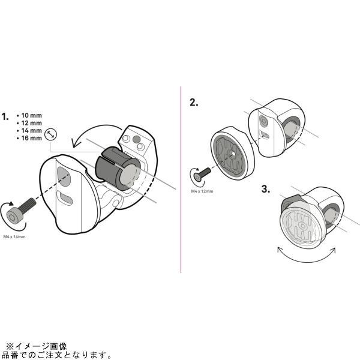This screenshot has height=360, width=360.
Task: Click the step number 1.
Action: pyautogui.click(x=5, y=116)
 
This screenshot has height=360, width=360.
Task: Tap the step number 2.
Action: pyautogui.click(x=194, y=103)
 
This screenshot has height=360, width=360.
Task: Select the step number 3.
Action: pyautogui.click(x=266, y=189)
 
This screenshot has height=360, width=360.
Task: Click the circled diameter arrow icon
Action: pyautogui.click(x=50, y=134)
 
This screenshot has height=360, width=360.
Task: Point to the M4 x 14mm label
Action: pyautogui.click(x=14, y=237)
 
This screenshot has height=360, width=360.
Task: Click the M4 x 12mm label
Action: pyautogui.click(x=202, y=191)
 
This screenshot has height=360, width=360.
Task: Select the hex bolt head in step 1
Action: pyautogui.click(x=13, y=216)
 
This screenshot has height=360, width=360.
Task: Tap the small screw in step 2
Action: pyautogui.click(x=202, y=174)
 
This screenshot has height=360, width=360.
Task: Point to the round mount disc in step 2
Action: pyautogui.click(x=232, y=152)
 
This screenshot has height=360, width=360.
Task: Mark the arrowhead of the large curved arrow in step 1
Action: pyautogui.click(x=76, y=143)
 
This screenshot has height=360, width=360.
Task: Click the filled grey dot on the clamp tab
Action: pyautogui.click(x=136, y=139)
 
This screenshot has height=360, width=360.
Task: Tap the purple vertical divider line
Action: pyautogui.click(x=181, y=179)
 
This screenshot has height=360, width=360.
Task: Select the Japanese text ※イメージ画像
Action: pyautogui.click(x=36, y=346)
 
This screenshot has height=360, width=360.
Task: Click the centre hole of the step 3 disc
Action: pyautogui.click(x=303, y=226)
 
